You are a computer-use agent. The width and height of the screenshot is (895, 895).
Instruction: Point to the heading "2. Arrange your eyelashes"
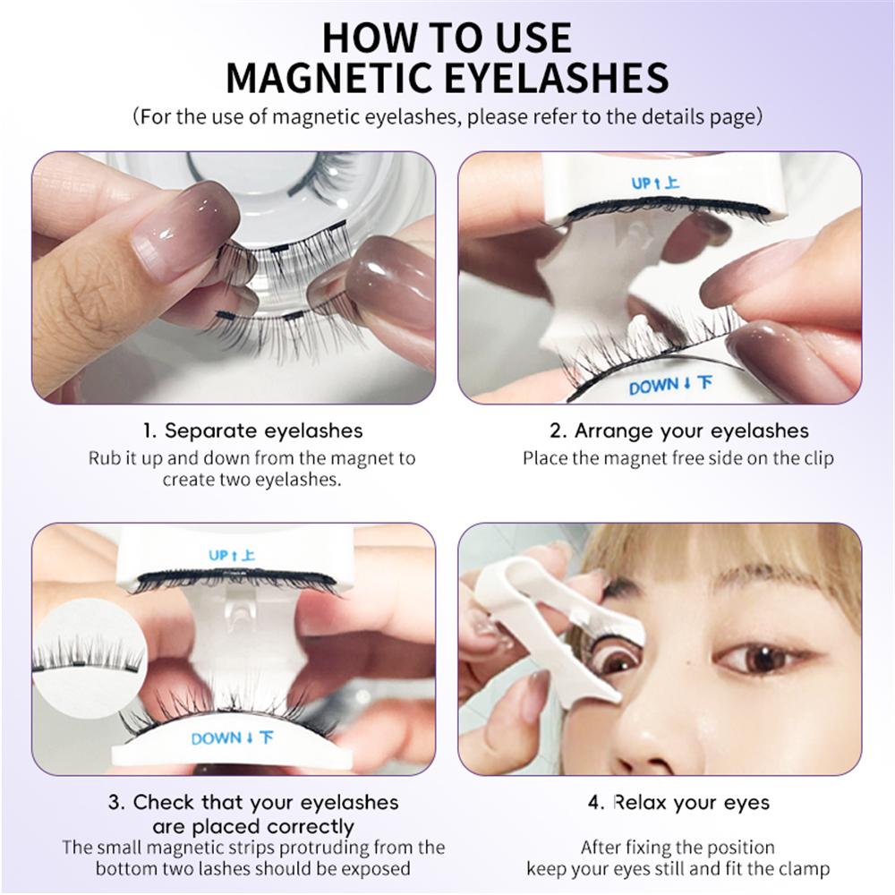pyautogui.click(x=678, y=430)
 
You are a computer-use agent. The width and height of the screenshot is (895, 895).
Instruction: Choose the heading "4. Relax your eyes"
pyautogui.click(x=678, y=801)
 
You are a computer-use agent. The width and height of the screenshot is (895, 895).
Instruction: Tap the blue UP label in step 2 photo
pyautogui.click(x=655, y=183)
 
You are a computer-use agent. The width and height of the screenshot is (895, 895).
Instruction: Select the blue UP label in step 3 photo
pyautogui.click(x=232, y=555)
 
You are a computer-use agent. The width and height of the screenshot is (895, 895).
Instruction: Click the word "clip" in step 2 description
pyautogui.click(x=817, y=458)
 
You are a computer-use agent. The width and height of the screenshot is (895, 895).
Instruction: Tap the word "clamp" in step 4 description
pyautogui.click(x=804, y=868)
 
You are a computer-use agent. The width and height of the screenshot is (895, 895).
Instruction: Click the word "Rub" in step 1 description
pyautogui.click(x=103, y=458)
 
